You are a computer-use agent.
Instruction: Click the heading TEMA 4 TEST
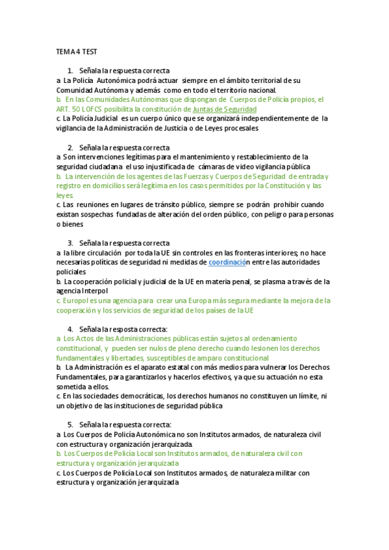[77, 51]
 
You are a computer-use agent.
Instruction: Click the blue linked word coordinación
[229, 262]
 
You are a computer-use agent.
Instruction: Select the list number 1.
[69, 70]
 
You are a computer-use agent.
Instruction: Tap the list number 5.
[69, 424]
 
